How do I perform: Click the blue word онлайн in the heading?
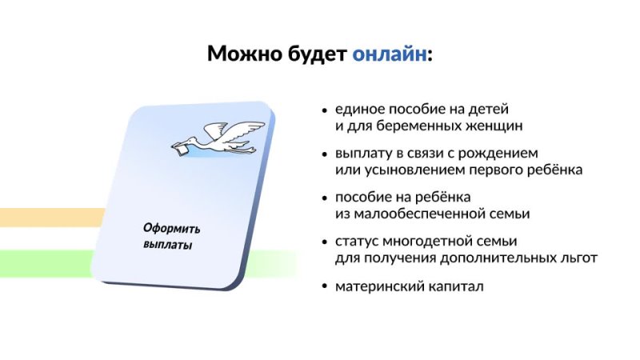tap(389, 54)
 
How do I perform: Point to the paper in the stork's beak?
tap(184, 147)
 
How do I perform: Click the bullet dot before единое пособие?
tap(324, 110)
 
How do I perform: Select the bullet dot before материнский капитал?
tap(324, 286)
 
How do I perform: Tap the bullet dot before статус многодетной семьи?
tap(324, 242)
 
